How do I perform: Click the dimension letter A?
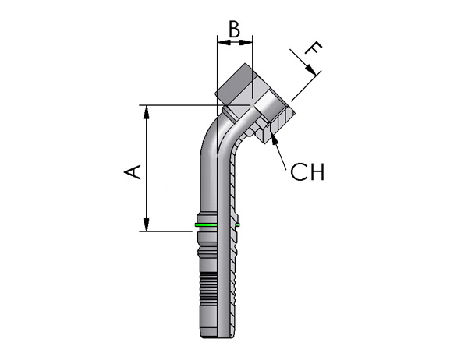(133, 171)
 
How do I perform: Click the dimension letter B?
(234, 29)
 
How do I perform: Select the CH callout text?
(307, 171)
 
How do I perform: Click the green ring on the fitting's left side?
(206, 224)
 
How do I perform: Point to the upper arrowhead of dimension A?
(147, 112)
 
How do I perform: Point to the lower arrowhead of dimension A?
(147, 224)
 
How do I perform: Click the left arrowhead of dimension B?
(224, 43)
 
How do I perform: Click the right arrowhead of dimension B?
(246, 43)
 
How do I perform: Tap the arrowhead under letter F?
(310, 70)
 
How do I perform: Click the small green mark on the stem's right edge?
(238, 224)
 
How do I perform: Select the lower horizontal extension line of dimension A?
(165, 231)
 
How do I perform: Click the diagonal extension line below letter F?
(307, 86)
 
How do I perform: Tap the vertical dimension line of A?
(147, 168)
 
